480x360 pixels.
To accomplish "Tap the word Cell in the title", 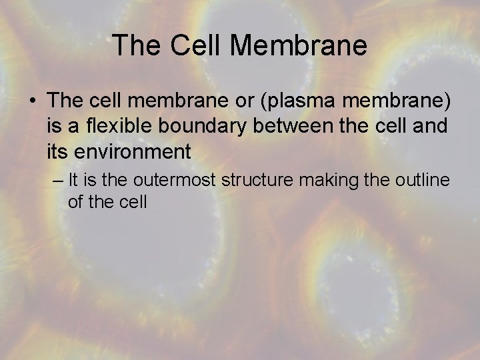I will (197, 45).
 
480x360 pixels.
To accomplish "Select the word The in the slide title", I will (137, 45).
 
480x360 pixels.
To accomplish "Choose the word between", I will (313, 126).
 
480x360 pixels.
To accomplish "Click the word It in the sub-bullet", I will (73, 180).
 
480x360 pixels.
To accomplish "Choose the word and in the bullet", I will (431, 126).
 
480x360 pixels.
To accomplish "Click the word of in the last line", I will (75, 202).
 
